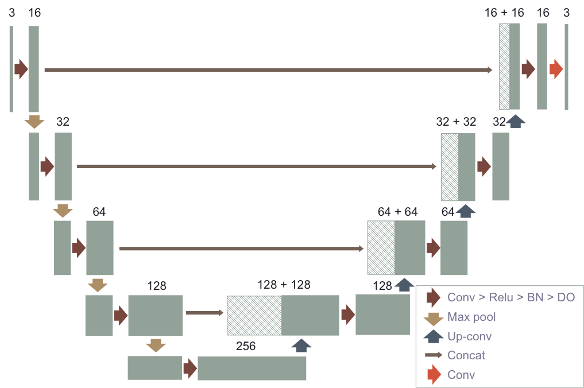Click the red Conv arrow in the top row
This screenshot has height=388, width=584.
click(x=556, y=69)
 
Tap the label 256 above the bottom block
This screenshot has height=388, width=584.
click(x=246, y=346)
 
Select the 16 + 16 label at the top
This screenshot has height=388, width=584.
click(x=504, y=13)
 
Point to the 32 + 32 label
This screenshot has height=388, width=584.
click(x=456, y=122)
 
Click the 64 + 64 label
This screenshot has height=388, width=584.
click(x=397, y=211)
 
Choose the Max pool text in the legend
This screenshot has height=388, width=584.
click(x=471, y=317)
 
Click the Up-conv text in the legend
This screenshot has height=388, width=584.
click(x=469, y=336)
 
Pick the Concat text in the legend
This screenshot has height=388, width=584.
click(x=466, y=355)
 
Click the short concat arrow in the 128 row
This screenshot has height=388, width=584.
click(x=204, y=313)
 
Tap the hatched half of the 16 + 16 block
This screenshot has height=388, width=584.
click(x=504, y=67)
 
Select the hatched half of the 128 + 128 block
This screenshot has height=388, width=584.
click(x=254, y=315)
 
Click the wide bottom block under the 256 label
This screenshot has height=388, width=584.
click(x=252, y=368)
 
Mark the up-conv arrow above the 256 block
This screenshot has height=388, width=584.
click(x=301, y=346)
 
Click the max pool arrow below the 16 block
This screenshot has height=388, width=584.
click(x=34, y=122)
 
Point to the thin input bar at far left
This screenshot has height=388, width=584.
click(x=11, y=69)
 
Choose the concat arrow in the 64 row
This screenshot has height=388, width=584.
click(x=241, y=249)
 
